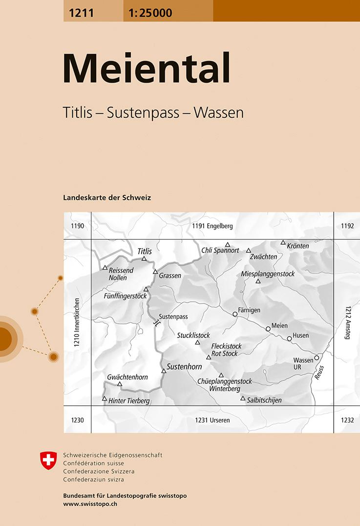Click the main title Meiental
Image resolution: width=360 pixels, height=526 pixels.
click(x=147, y=69)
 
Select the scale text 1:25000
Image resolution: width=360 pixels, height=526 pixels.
click(x=150, y=13)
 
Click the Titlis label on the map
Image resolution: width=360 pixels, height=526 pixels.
click(x=145, y=251)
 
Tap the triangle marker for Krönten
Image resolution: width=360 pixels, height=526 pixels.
click(x=283, y=242)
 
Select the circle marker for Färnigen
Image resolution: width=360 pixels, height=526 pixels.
click(x=235, y=315)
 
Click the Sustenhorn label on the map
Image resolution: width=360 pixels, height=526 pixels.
click(x=184, y=366)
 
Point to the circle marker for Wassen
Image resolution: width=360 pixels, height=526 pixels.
click(x=317, y=358)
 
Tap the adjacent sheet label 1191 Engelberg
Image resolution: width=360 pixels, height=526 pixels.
click(x=212, y=226)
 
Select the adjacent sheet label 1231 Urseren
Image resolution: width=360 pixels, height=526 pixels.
click(x=212, y=420)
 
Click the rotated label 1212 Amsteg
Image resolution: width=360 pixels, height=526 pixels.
click(x=348, y=323)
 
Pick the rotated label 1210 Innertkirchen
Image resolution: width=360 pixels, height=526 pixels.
click(x=76, y=322)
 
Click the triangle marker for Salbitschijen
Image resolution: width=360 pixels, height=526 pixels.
click(x=242, y=399)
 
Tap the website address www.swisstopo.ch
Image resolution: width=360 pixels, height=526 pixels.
click(x=90, y=504)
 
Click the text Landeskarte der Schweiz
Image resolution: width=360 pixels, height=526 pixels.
click(x=107, y=198)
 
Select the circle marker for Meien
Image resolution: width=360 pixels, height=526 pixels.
click(x=268, y=329)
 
